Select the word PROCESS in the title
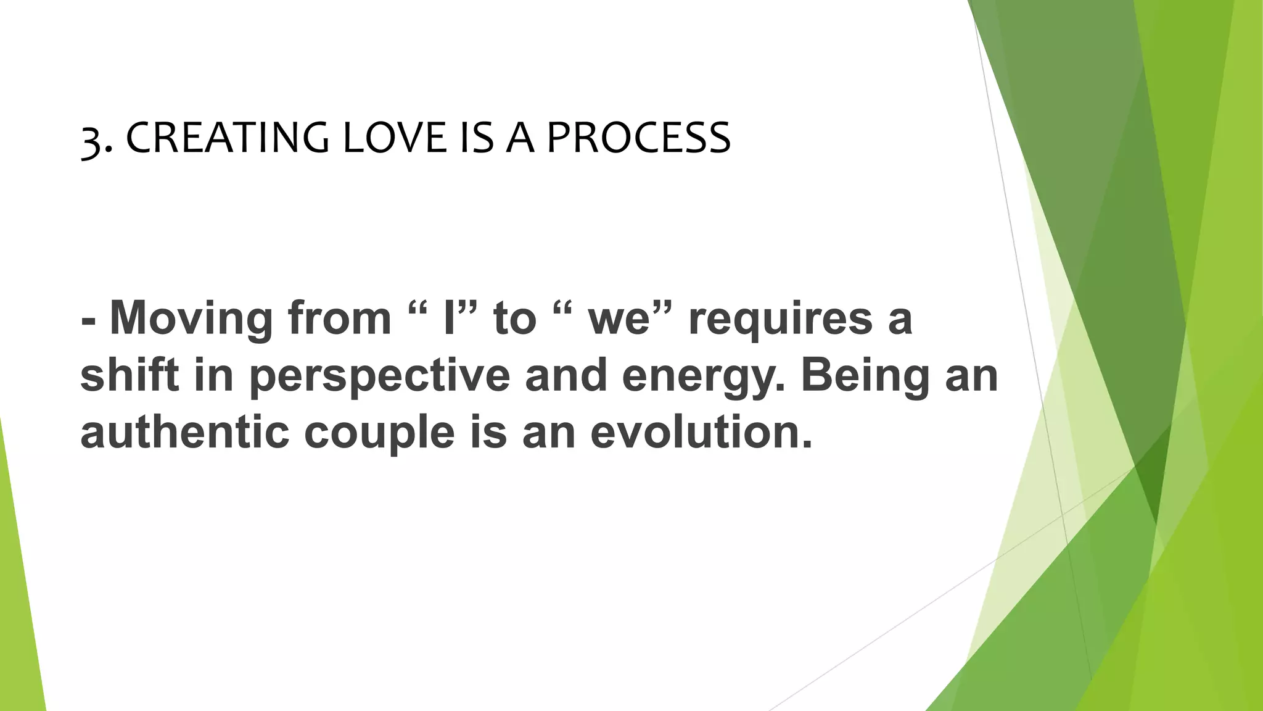click(x=638, y=138)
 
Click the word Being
click(x=865, y=375)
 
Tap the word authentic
click(x=184, y=431)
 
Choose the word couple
click(x=379, y=433)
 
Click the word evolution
click(x=701, y=431)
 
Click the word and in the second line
click(x=566, y=375)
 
